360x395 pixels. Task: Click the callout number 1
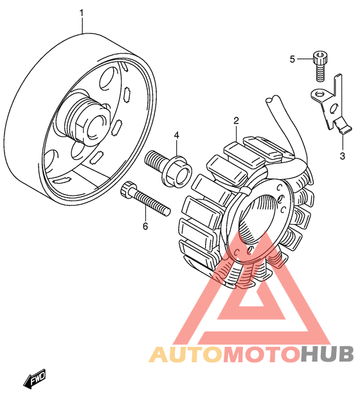point(82,13)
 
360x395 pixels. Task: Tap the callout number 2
point(236,121)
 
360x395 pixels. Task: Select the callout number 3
point(342,156)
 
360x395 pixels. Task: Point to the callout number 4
point(177,136)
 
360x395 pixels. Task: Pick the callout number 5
point(292,60)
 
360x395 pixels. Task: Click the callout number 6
point(145,226)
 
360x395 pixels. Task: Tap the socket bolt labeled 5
point(320,66)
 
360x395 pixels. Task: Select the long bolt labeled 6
point(145,198)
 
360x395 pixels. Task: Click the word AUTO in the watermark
point(186,354)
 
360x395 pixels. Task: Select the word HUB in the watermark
point(327,354)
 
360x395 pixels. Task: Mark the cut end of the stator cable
point(273,99)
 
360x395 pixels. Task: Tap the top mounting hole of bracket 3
point(319,94)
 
